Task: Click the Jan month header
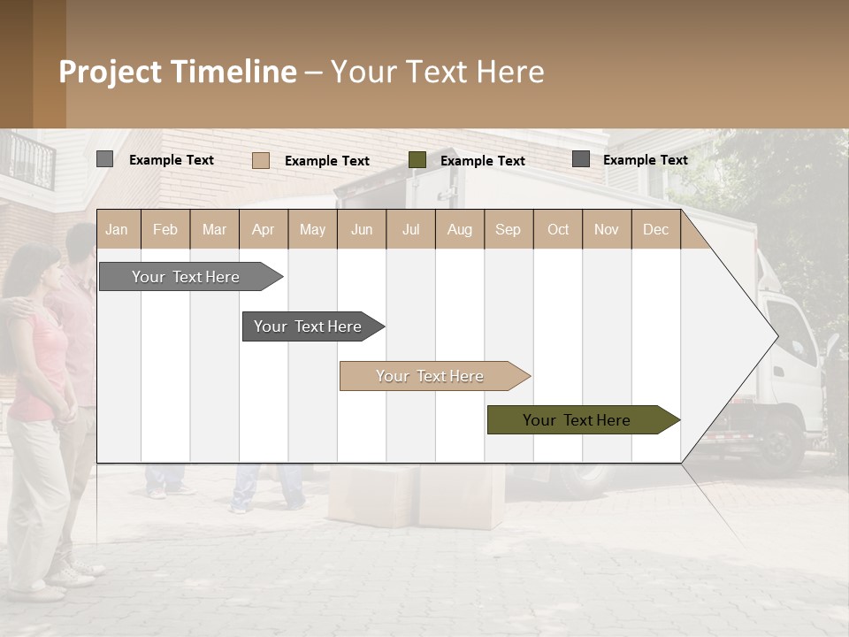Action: pyautogui.click(x=117, y=229)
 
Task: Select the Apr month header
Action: pyautogui.click(x=263, y=229)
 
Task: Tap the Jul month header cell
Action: pyautogui.click(x=410, y=229)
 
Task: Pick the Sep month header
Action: pyautogui.click(x=508, y=229)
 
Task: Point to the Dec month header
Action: pyautogui.click(x=655, y=229)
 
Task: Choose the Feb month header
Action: pyautogui.click(x=165, y=229)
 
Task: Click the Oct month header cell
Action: pyautogui.click(x=557, y=229)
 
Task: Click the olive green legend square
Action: pyautogui.click(x=417, y=160)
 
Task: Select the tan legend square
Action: pyautogui.click(x=260, y=160)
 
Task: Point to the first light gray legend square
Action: pyautogui.click(x=104, y=159)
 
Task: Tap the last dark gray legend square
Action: pyautogui.click(x=581, y=159)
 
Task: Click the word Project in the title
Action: pyautogui.click(x=111, y=72)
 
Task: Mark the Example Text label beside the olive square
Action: pyautogui.click(x=482, y=160)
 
